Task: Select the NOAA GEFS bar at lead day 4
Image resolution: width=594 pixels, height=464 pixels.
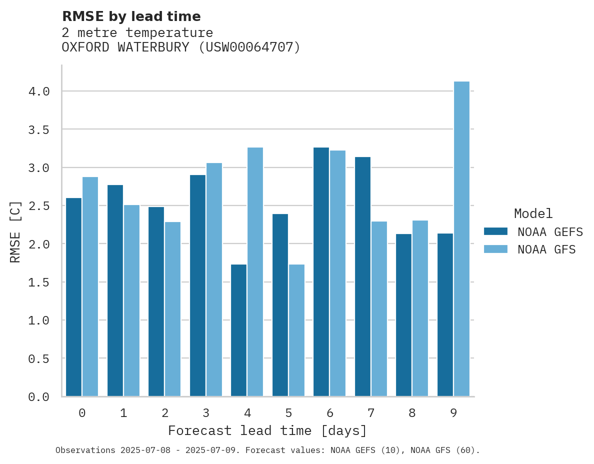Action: coord(238,330)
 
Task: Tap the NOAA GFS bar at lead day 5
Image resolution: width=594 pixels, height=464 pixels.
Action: coord(296,330)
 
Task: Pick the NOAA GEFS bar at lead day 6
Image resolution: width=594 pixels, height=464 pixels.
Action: coord(321,272)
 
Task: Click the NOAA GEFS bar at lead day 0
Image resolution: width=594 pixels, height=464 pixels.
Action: coord(73,297)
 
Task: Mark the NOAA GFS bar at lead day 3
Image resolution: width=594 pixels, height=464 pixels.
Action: coord(214,279)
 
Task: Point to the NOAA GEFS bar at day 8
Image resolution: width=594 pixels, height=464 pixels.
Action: coord(403,315)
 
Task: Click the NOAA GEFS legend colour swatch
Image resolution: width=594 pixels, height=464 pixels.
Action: coord(495,231)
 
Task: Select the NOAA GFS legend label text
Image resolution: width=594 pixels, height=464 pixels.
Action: coord(546,249)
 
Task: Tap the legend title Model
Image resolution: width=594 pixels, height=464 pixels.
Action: coord(533,214)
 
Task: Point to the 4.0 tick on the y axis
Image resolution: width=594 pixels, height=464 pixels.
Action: coord(39,91)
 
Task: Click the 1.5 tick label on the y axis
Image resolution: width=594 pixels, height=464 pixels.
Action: coord(39,282)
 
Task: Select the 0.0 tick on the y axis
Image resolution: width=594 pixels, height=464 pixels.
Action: coord(39,397)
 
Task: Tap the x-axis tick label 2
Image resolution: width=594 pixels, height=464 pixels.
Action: coord(164,413)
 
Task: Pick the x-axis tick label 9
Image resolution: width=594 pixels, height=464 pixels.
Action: coord(453,413)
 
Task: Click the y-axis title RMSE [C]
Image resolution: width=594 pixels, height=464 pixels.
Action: coord(15,231)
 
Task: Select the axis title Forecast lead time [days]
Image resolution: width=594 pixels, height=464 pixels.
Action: coord(267,431)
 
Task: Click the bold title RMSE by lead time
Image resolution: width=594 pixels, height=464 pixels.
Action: coord(131,16)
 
